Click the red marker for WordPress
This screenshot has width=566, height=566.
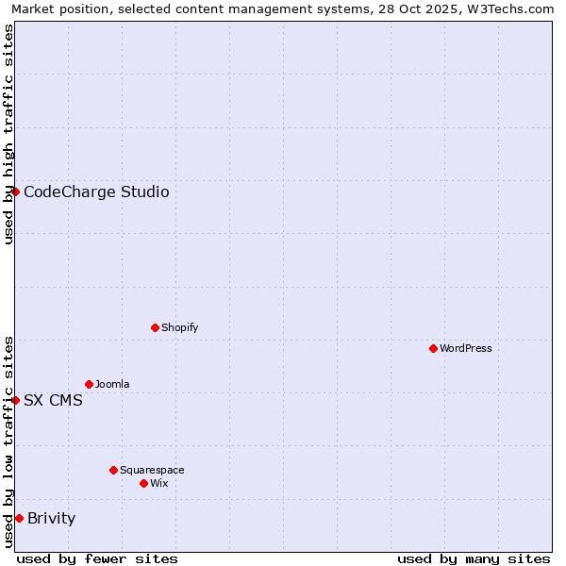click(433, 348)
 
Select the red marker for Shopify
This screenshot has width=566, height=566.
click(155, 327)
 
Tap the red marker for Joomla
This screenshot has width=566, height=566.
click(89, 384)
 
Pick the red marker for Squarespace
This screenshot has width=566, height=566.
click(113, 470)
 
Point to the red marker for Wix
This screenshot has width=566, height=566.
click(143, 483)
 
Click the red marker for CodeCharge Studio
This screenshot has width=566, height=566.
click(15, 191)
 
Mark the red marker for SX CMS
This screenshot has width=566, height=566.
click(15, 400)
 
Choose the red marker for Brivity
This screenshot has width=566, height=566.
click(19, 518)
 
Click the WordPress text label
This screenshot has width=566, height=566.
click(466, 348)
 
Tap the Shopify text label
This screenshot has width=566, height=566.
click(180, 327)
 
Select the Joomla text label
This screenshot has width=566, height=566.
click(113, 384)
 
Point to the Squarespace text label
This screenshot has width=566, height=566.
click(153, 470)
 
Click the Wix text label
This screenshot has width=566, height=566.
click(159, 483)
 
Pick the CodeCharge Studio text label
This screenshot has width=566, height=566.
click(96, 192)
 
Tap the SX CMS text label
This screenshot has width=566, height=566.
click(53, 400)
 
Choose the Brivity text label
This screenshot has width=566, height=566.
click(52, 518)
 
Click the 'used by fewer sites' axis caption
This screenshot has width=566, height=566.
click(97, 558)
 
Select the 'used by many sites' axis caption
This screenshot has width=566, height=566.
click(474, 558)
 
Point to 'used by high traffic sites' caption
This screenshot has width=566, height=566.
click(9, 134)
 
